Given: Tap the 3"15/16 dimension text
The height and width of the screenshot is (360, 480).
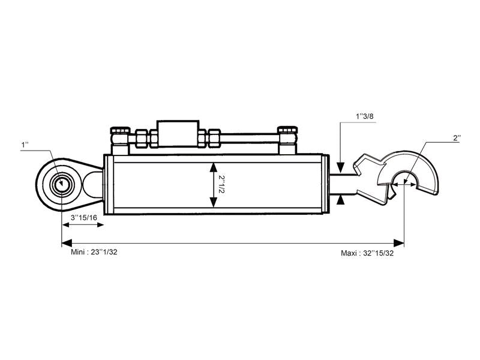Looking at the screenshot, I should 84,217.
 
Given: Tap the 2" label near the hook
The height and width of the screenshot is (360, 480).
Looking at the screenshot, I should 456,137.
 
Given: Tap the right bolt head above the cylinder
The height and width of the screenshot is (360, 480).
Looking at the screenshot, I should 287,132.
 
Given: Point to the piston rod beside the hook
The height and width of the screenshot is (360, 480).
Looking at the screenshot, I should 343,183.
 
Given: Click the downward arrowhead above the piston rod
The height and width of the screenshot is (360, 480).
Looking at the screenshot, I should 340,167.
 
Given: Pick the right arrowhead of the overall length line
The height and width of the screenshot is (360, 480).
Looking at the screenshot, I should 400,243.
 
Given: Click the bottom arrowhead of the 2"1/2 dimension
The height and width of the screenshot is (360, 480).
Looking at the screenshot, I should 212,202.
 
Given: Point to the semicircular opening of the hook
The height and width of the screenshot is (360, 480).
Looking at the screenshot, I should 404,179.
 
